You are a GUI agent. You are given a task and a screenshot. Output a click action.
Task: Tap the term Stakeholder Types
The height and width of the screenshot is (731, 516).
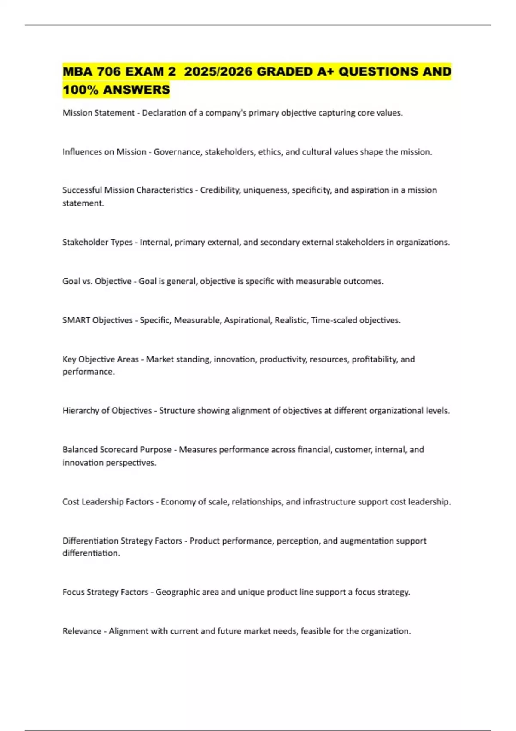click(98, 242)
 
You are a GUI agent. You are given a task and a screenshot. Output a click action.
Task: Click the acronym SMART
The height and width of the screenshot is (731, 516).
click(76, 320)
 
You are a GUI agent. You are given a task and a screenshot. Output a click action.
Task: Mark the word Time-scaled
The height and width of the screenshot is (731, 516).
click(334, 320)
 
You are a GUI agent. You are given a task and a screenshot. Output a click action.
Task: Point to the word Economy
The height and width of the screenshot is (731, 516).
click(177, 502)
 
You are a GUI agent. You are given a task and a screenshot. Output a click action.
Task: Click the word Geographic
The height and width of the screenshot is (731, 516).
click(178, 592)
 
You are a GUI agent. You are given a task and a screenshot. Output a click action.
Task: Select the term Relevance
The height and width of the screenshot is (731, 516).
click(82, 631)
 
